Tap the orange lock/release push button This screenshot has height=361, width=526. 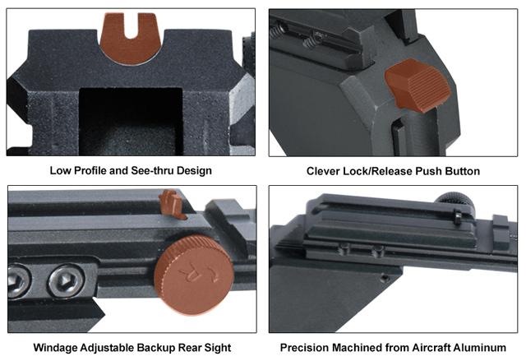pyautogui.click(x=419, y=86)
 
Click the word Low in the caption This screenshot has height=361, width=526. pyautogui.click(x=61, y=171)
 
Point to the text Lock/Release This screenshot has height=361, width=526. pyautogui.click(x=384, y=171)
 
